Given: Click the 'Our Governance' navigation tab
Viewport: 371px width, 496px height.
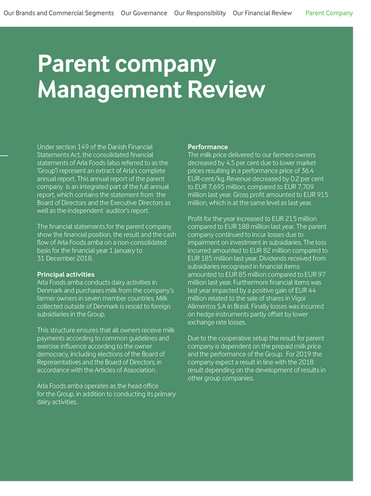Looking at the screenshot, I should click(144, 13).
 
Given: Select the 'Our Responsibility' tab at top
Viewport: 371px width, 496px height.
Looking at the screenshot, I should click(200, 13).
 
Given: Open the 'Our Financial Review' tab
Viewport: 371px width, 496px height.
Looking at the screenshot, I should click(262, 13).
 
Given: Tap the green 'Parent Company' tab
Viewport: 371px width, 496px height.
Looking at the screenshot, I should click(329, 13).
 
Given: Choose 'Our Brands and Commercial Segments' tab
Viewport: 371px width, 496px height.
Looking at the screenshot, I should click(59, 13).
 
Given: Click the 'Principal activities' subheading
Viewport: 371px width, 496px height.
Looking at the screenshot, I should click(66, 274).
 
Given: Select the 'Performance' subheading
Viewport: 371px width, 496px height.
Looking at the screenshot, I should click(208, 147).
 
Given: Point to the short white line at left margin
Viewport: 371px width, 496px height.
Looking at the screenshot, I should click(4, 155).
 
